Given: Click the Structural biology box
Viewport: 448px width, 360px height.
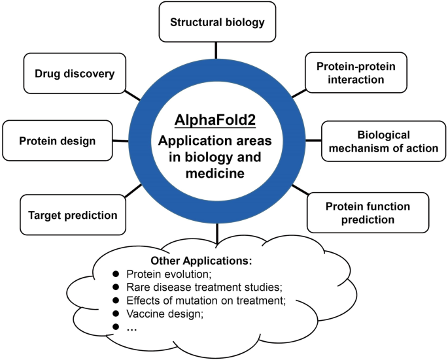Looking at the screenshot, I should (217, 22).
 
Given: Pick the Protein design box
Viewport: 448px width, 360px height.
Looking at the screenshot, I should (58, 140).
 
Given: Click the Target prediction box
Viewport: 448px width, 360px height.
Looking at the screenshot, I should (73, 214).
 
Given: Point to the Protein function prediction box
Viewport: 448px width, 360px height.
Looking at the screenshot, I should (368, 213).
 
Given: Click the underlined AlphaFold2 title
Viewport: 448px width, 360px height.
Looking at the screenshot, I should (216, 122).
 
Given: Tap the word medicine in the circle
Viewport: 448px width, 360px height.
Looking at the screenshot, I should (216, 172).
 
